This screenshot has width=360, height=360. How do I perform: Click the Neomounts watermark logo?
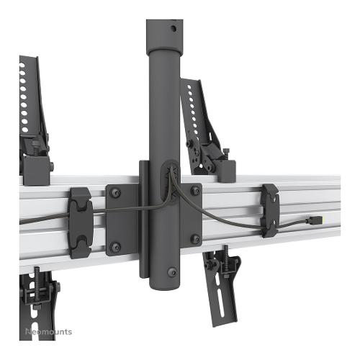coord(49,332)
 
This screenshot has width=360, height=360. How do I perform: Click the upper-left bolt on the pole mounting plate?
coord(115,193)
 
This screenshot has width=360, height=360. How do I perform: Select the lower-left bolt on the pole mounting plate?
coord(115,247)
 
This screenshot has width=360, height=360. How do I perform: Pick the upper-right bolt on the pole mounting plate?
coord(195,191)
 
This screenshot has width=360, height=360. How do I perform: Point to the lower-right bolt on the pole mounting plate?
coord(195,238)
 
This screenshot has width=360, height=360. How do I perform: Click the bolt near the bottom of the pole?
coord(172,272)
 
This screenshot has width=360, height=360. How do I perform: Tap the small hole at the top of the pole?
coord(174,29)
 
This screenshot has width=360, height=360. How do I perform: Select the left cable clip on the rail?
coord(81,222)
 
